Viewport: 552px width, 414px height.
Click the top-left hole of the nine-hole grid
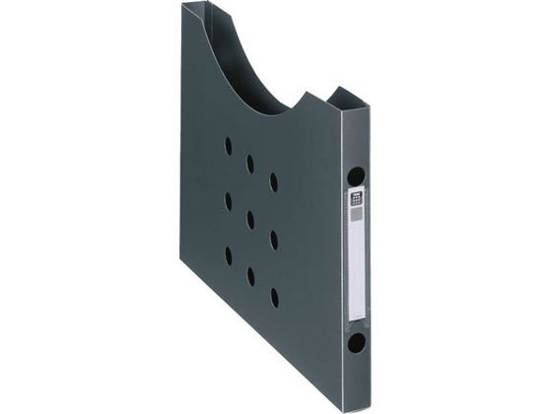[x=228, y=145]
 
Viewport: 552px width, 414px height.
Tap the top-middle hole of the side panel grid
[x=250, y=163]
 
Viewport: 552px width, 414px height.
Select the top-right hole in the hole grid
[x=273, y=182]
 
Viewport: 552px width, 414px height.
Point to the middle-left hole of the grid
[x=228, y=201]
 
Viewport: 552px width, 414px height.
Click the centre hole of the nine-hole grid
[x=250, y=219]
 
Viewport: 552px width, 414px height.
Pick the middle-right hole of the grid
[x=273, y=239]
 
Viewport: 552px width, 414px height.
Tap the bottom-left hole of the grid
[x=228, y=256]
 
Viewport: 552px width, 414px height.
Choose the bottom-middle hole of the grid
[x=250, y=276]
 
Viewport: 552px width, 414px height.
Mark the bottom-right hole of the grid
[x=273, y=296]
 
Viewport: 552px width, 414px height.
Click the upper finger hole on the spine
[x=356, y=177]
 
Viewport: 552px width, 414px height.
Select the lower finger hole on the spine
[x=356, y=344]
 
